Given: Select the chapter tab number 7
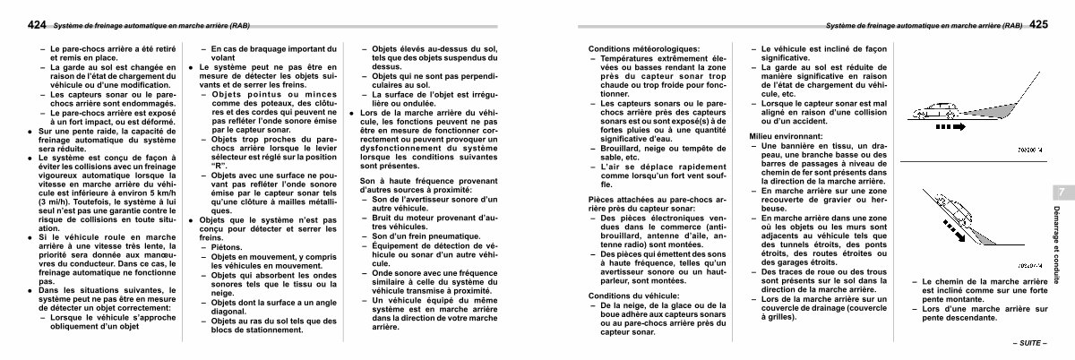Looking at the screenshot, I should point(1060,193).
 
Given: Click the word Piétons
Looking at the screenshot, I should point(226,247).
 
